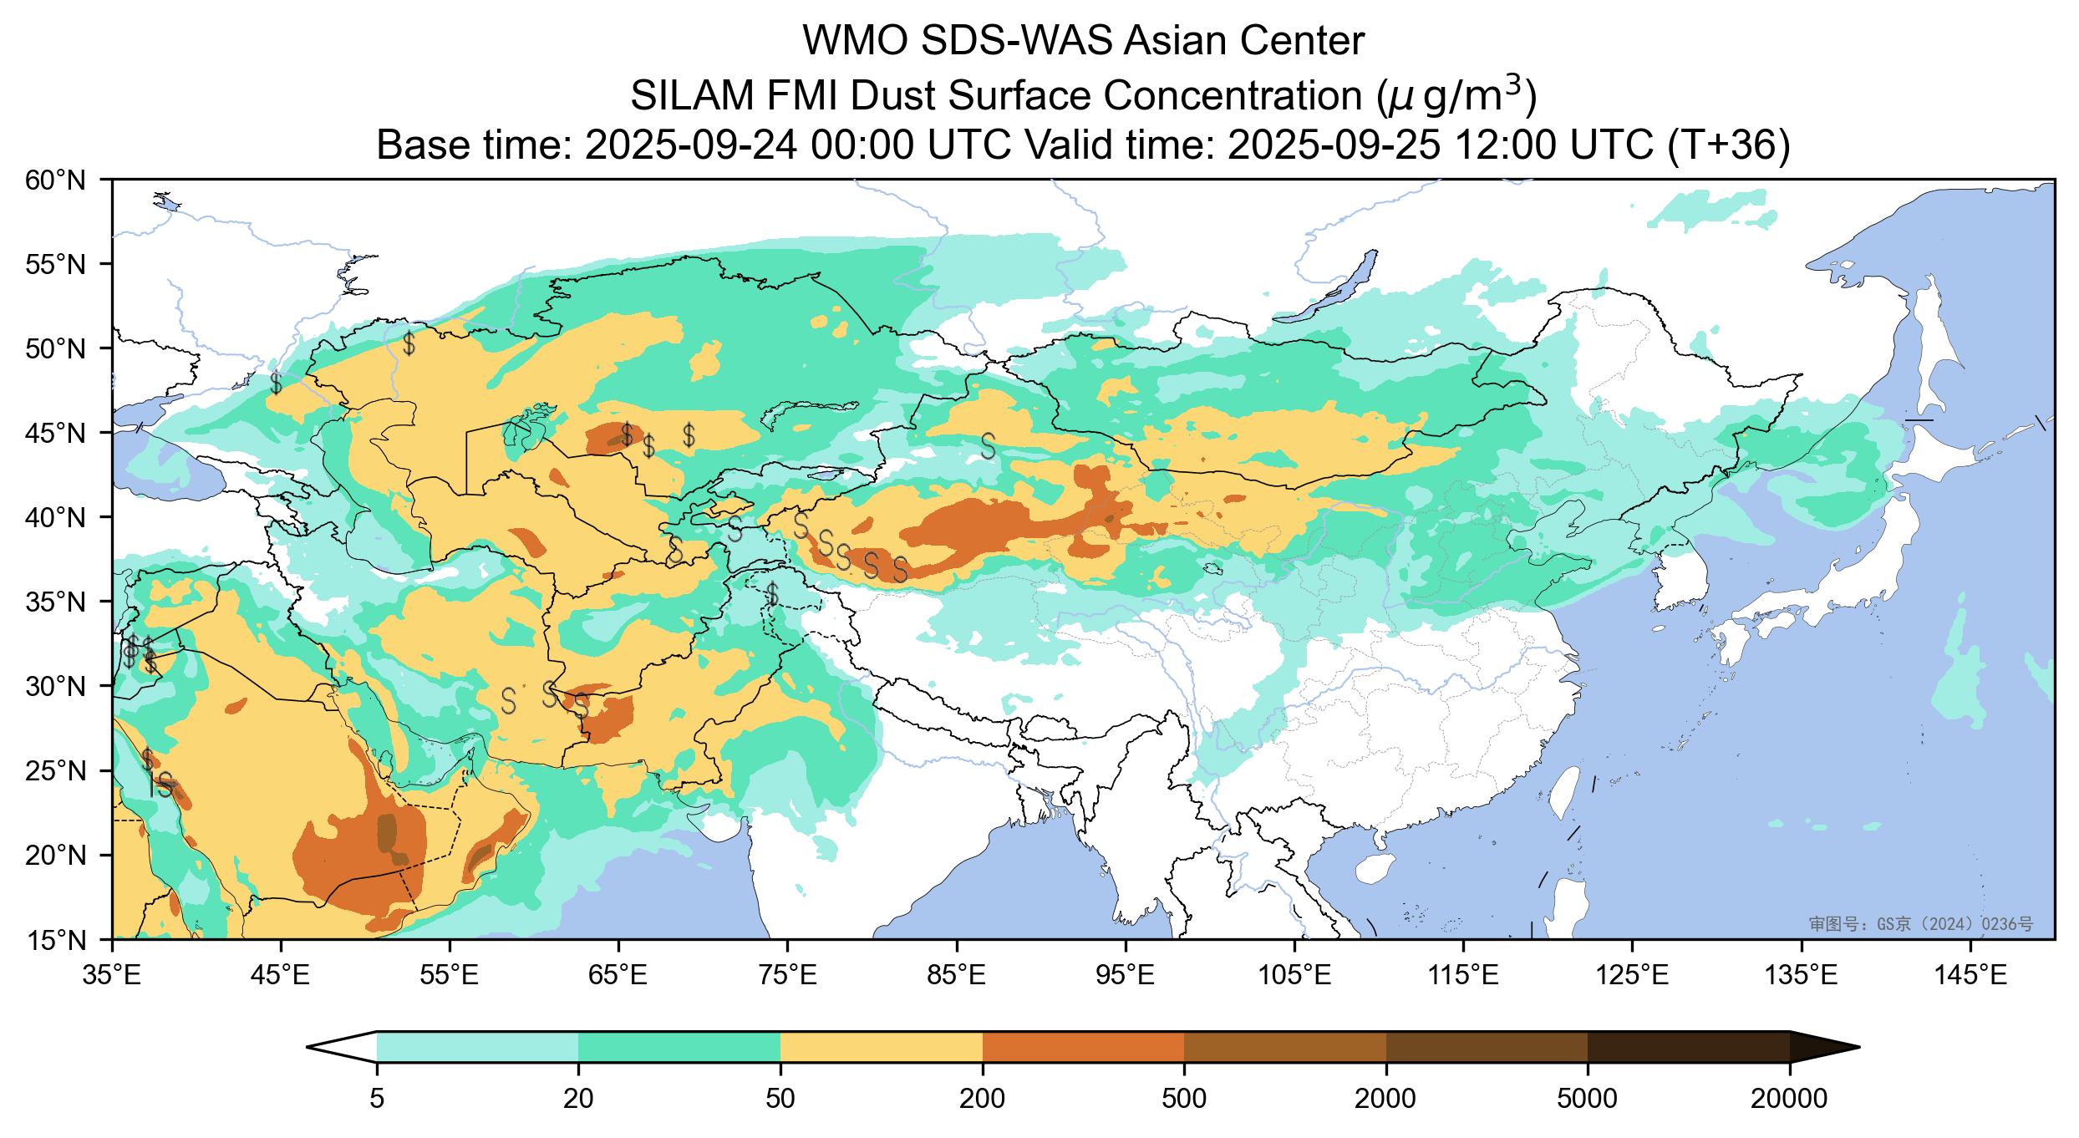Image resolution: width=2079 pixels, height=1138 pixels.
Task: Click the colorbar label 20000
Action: point(1789,1099)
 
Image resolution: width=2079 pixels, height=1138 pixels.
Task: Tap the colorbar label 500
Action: point(1184,1099)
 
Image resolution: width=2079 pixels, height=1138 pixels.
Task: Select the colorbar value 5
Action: point(377,1099)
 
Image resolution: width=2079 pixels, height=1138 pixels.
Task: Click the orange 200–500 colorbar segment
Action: point(1083,1047)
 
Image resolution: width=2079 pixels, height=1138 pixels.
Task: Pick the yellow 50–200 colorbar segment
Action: point(881,1047)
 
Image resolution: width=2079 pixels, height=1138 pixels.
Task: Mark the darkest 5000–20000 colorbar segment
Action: point(1688,1047)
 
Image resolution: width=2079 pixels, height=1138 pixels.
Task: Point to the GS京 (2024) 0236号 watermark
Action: point(1920,923)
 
